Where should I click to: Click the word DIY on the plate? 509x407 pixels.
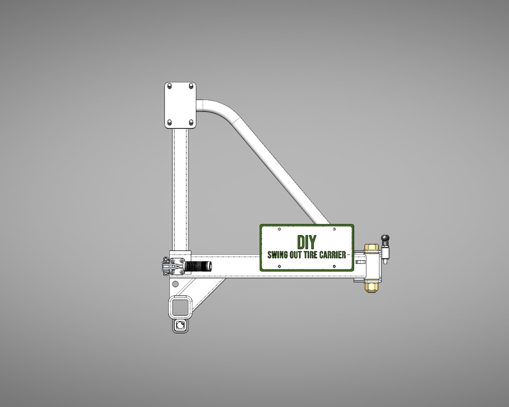pos(306,242)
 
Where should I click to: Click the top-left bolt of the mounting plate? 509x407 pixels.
pos(170,86)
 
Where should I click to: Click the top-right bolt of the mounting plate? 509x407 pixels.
pos(191,86)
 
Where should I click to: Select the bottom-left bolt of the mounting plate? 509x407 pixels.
pos(170,122)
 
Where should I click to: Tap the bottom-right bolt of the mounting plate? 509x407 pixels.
pos(191,122)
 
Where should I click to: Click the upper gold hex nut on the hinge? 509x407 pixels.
pos(371,247)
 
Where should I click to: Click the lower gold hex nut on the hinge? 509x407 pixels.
pos(371,286)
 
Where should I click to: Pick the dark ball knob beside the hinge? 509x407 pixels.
pos(385,238)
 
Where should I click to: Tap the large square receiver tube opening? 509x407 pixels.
pos(180,307)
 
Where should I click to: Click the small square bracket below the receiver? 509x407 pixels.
pos(180,326)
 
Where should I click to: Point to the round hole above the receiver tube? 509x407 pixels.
pos(175,284)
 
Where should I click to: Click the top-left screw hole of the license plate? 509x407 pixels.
pos(279,229)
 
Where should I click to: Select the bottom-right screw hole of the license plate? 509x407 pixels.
pos(334,266)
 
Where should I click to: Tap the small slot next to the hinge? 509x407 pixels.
pos(360,262)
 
